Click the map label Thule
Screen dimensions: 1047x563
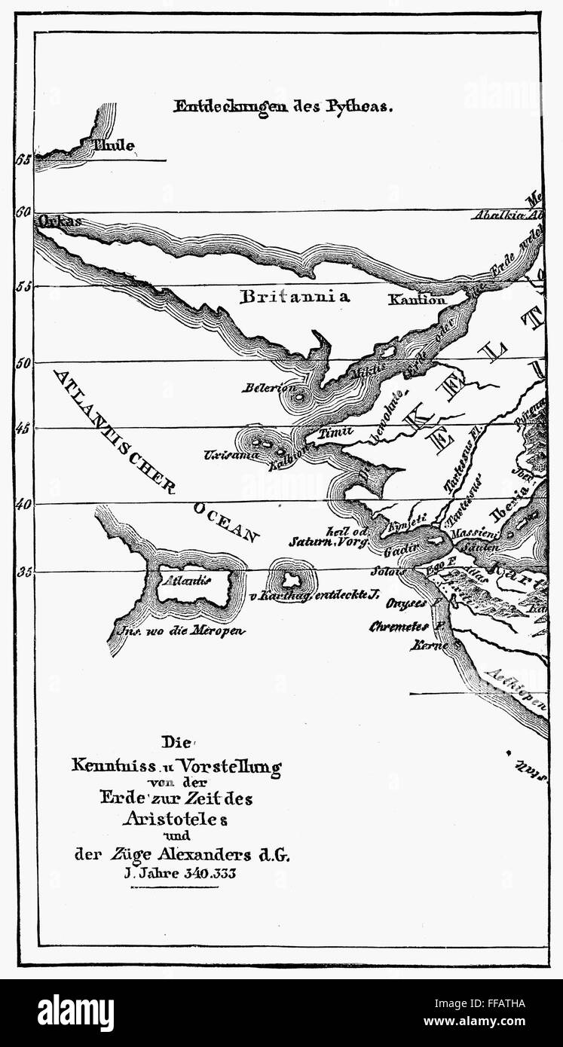[x=114, y=145]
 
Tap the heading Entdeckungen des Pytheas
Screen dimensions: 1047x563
[x=283, y=106]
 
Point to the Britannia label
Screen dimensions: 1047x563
[x=295, y=297]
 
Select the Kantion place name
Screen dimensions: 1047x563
[x=418, y=300]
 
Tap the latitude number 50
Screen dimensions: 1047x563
[x=23, y=362]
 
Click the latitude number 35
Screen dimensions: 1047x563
[x=23, y=572]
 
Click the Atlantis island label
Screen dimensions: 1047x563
[x=185, y=580]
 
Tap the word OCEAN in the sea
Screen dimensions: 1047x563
[x=226, y=523]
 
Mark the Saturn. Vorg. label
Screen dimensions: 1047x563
[x=328, y=541]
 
